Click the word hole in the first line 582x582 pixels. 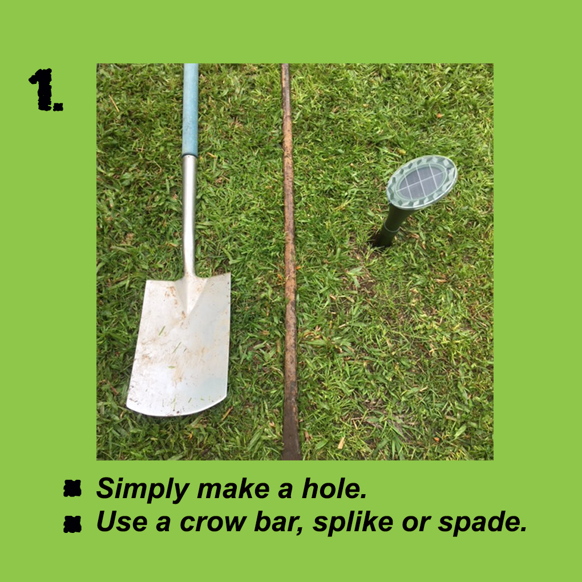pos(334,488)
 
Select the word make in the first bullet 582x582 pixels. pos(233,488)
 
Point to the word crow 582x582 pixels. pos(213,522)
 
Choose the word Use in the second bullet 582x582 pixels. pos(122,521)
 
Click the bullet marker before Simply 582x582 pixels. pos(72,488)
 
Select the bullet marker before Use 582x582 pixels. pos(72,524)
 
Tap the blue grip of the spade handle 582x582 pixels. pos(190,110)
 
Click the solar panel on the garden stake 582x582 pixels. pos(421,182)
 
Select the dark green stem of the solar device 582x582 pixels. pos(391,225)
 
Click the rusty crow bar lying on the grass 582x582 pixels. pos(289,262)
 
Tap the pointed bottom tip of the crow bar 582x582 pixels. pos(292,459)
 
